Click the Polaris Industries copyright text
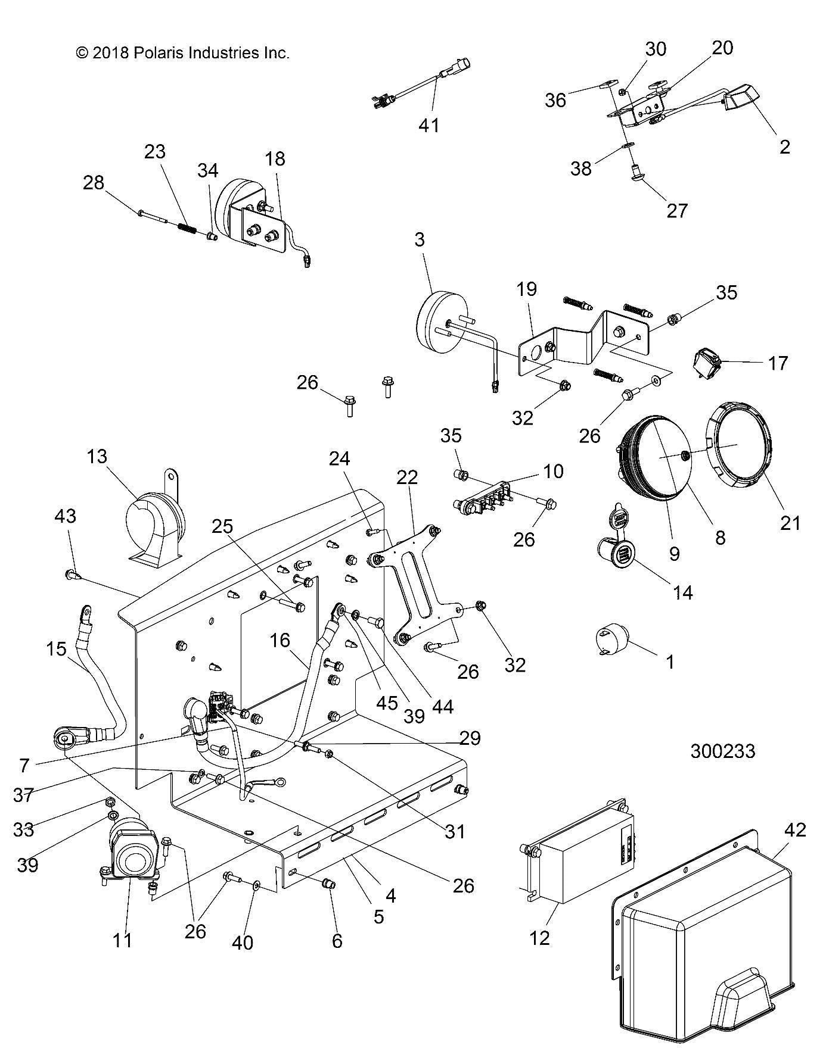[182, 53]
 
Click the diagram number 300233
[722, 751]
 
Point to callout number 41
[429, 125]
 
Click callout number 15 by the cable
[57, 649]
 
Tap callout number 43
[65, 516]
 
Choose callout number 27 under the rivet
[676, 210]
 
